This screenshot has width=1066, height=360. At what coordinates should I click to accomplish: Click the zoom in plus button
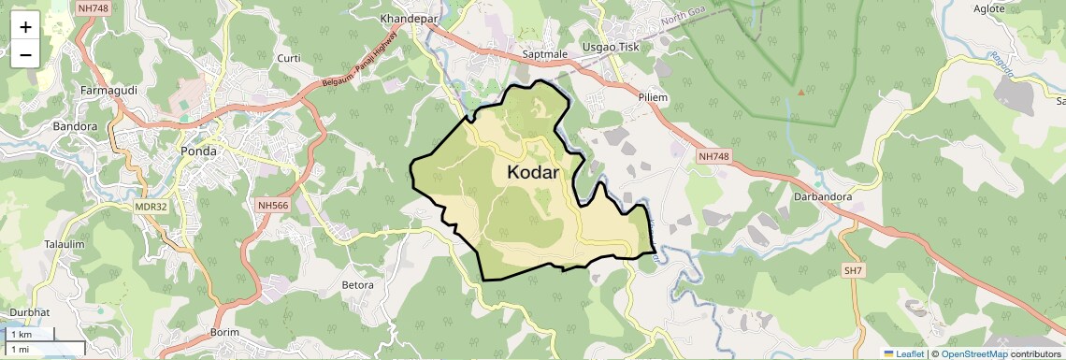point(25,26)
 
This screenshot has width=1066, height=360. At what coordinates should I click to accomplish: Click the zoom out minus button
point(25,54)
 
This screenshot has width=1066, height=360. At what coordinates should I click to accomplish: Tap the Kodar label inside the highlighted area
point(533,172)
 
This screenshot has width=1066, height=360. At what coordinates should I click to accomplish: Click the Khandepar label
point(411,19)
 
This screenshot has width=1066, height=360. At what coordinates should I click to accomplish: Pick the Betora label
point(358,284)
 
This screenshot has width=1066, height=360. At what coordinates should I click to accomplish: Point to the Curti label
point(290,58)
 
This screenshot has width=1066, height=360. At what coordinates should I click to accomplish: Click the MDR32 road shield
point(151,207)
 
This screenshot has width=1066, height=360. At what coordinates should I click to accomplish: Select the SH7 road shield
point(852,270)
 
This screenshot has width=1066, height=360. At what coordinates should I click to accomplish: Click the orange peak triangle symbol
point(800,92)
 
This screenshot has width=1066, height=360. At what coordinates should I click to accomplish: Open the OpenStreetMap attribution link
point(973,353)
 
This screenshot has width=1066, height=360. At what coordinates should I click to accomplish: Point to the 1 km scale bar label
point(21,335)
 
